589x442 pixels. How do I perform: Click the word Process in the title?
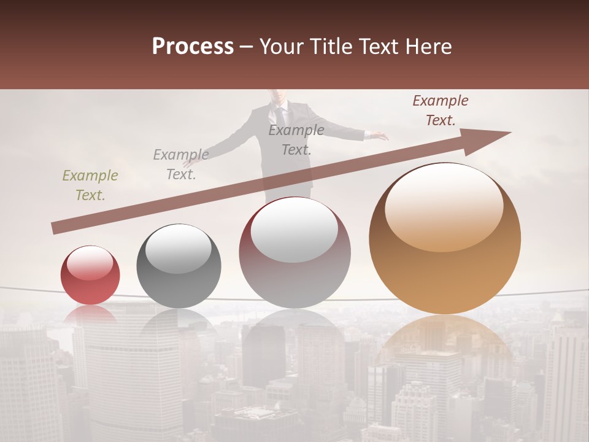[x=193, y=47]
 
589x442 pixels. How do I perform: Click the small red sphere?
[x=90, y=276]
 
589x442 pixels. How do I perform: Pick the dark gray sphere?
[x=179, y=266]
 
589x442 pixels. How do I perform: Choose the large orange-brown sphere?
[x=445, y=239]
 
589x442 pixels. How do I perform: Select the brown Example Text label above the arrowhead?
[x=441, y=110]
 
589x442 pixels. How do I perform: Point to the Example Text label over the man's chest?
[x=296, y=140]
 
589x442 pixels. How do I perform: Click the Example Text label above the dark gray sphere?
[x=181, y=165]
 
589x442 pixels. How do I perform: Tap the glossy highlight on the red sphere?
[x=90, y=263]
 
